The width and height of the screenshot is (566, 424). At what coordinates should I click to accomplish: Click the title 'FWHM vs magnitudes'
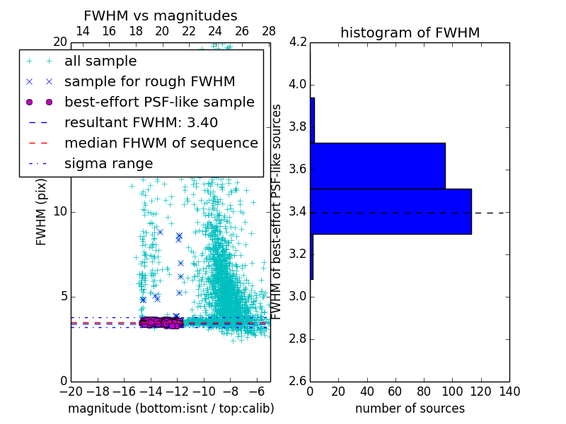click(x=160, y=16)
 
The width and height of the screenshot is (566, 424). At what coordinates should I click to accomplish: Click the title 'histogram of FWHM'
click(x=410, y=33)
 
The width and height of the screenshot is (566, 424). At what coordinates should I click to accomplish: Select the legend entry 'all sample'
click(x=100, y=61)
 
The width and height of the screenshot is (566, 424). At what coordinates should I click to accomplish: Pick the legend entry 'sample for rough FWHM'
click(x=149, y=82)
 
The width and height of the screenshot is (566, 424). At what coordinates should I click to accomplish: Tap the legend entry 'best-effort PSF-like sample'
click(x=159, y=102)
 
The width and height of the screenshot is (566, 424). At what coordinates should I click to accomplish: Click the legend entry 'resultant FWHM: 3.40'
click(x=141, y=122)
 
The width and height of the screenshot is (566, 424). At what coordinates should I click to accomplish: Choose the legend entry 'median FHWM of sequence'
click(x=161, y=143)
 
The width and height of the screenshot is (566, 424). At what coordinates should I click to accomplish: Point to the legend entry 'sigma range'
click(x=108, y=164)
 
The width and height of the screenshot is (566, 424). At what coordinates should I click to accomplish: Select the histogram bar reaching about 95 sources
click(x=378, y=166)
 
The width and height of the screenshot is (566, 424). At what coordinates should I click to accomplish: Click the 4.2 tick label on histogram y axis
click(x=299, y=42)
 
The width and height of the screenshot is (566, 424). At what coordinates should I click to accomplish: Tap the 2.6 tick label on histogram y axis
click(x=299, y=381)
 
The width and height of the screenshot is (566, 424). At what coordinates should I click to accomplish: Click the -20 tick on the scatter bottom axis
click(x=71, y=391)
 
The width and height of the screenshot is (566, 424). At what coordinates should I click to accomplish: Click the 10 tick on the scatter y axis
click(x=60, y=212)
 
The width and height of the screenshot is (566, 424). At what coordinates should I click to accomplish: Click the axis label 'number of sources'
click(x=410, y=408)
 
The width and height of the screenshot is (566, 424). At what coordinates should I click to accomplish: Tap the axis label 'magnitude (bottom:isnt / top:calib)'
click(x=171, y=408)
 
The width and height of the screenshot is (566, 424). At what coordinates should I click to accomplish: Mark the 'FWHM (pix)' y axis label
click(x=42, y=212)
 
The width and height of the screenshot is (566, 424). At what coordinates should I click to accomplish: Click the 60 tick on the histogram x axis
click(x=395, y=391)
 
